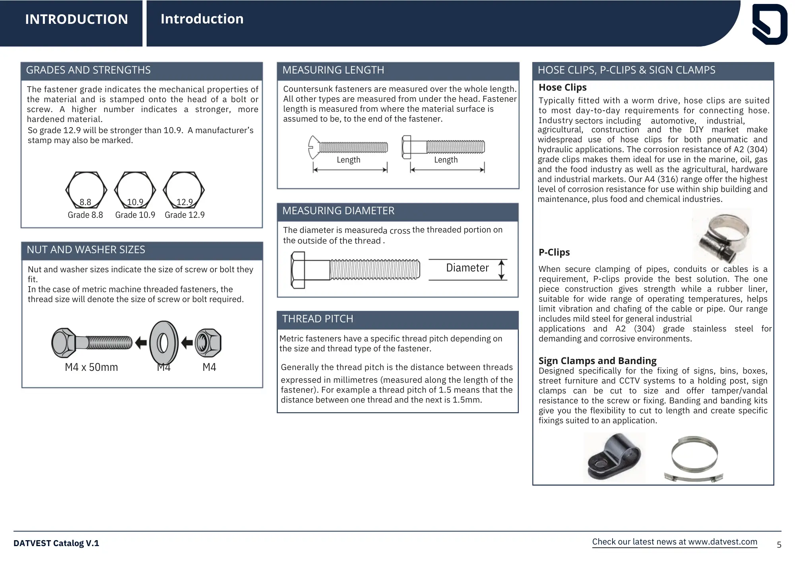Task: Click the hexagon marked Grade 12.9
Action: [184, 190]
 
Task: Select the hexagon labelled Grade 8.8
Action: [86, 190]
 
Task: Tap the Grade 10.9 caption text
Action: [135, 215]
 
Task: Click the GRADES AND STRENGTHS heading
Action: [88, 70]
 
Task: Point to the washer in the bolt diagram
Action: [163, 343]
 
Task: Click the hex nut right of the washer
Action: [208, 343]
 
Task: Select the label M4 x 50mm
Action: [91, 367]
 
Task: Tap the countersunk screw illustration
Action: [348, 147]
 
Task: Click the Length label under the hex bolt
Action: [446, 160]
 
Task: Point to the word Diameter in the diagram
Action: [467, 268]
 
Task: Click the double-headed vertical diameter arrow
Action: [501, 270]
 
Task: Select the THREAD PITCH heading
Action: [318, 319]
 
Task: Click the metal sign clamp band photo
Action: [694, 459]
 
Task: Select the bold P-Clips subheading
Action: [554, 252]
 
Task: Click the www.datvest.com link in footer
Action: [722, 542]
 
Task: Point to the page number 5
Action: [779, 545]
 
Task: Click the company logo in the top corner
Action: [770, 24]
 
